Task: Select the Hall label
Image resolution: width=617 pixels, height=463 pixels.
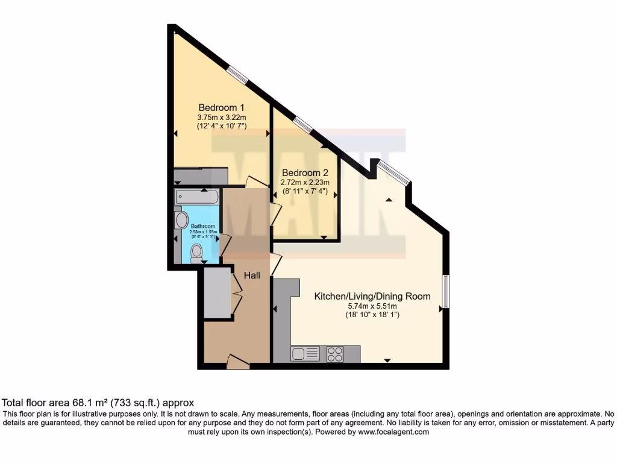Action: click(x=252, y=276)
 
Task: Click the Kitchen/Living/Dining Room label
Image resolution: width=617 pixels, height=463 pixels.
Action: click(x=372, y=296)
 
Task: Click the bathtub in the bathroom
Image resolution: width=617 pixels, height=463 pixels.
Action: click(x=197, y=197)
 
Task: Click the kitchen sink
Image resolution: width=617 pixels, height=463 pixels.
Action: click(x=305, y=354)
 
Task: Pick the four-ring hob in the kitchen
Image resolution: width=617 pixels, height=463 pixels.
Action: click(x=335, y=354)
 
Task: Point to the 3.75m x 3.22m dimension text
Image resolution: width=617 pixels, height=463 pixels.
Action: click(x=222, y=117)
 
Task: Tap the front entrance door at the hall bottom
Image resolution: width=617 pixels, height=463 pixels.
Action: click(x=238, y=362)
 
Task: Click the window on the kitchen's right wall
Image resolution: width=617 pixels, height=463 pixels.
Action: click(x=446, y=291)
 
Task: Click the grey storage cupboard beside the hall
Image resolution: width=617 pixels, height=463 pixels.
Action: click(x=218, y=293)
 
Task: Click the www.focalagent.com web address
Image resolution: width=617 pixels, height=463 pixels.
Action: click(x=393, y=432)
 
